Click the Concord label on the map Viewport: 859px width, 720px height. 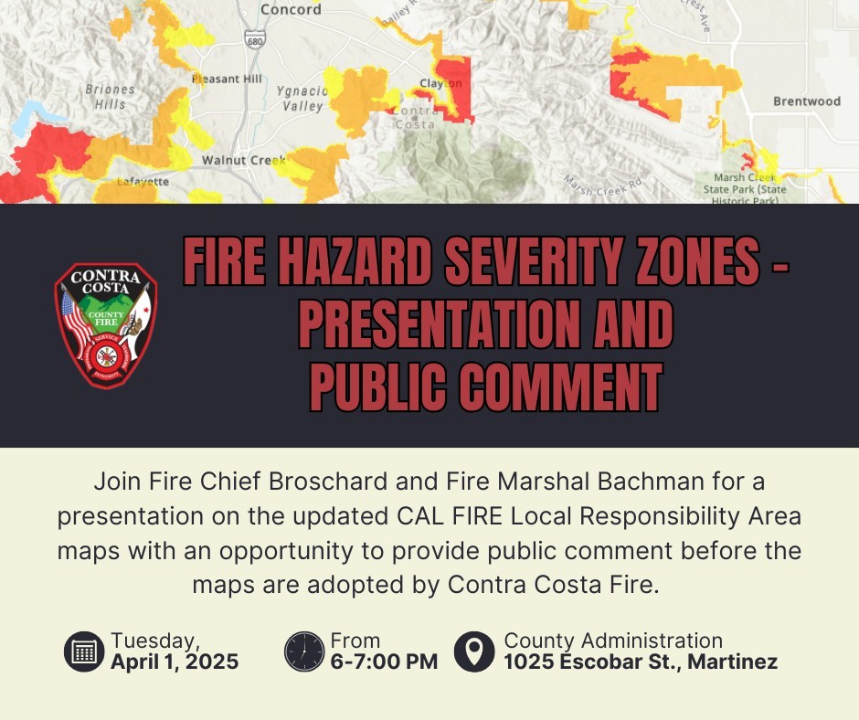tap(291, 10)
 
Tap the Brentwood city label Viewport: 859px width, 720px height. tap(806, 101)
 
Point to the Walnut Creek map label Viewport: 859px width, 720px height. tap(244, 160)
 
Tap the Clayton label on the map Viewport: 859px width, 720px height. tap(440, 83)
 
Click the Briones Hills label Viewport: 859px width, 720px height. tap(110, 97)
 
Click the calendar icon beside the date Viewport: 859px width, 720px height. tap(84, 651)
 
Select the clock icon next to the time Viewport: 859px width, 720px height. tap(304, 651)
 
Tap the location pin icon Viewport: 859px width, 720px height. tap(473, 651)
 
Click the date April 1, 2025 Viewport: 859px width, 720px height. tap(175, 662)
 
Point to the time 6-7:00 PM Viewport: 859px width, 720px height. tap(384, 662)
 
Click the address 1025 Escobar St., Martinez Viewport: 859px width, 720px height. tap(641, 662)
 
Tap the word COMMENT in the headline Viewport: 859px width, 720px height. tap(560, 387)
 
